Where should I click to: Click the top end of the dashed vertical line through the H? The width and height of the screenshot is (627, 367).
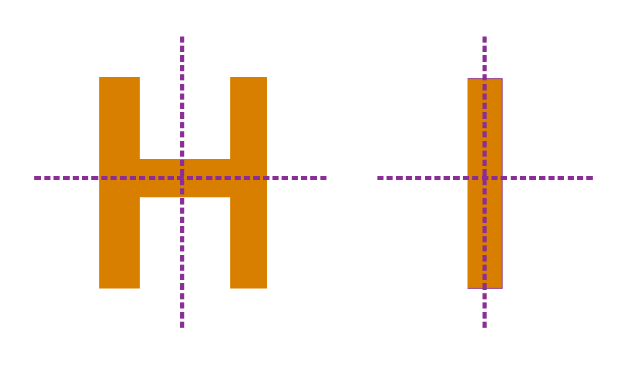click(x=182, y=37)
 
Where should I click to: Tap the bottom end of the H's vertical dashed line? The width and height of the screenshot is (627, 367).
click(x=182, y=328)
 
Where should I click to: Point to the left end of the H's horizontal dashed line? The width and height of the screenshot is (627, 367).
click(x=34, y=179)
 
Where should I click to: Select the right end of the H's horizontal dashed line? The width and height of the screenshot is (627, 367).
click(x=327, y=179)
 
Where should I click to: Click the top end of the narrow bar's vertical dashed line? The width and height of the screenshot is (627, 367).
click(x=485, y=37)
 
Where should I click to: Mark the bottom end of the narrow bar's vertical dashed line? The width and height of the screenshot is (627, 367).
click(x=485, y=328)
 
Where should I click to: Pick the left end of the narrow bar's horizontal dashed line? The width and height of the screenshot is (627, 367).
click(x=377, y=179)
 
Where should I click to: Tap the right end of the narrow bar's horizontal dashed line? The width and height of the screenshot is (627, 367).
click(x=593, y=179)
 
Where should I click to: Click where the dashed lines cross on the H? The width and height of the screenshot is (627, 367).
click(x=182, y=179)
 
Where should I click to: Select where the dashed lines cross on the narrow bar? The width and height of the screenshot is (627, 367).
click(x=485, y=179)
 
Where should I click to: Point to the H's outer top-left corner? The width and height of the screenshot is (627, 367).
click(x=99, y=77)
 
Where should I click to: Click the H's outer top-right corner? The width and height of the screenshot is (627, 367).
click(x=267, y=77)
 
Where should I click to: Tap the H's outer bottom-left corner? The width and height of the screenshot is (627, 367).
click(x=99, y=288)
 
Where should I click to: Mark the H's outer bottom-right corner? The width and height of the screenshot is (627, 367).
click(x=267, y=288)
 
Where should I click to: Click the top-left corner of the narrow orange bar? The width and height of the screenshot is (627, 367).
click(x=468, y=79)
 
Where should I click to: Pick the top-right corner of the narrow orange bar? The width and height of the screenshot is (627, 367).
click(x=502, y=79)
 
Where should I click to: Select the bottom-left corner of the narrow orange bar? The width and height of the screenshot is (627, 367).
click(x=468, y=288)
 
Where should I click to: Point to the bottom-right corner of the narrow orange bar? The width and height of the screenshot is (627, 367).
click(x=502, y=288)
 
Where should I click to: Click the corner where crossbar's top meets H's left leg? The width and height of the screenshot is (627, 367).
click(x=140, y=159)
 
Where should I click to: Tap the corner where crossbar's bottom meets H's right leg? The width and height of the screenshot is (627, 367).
click(x=230, y=197)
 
